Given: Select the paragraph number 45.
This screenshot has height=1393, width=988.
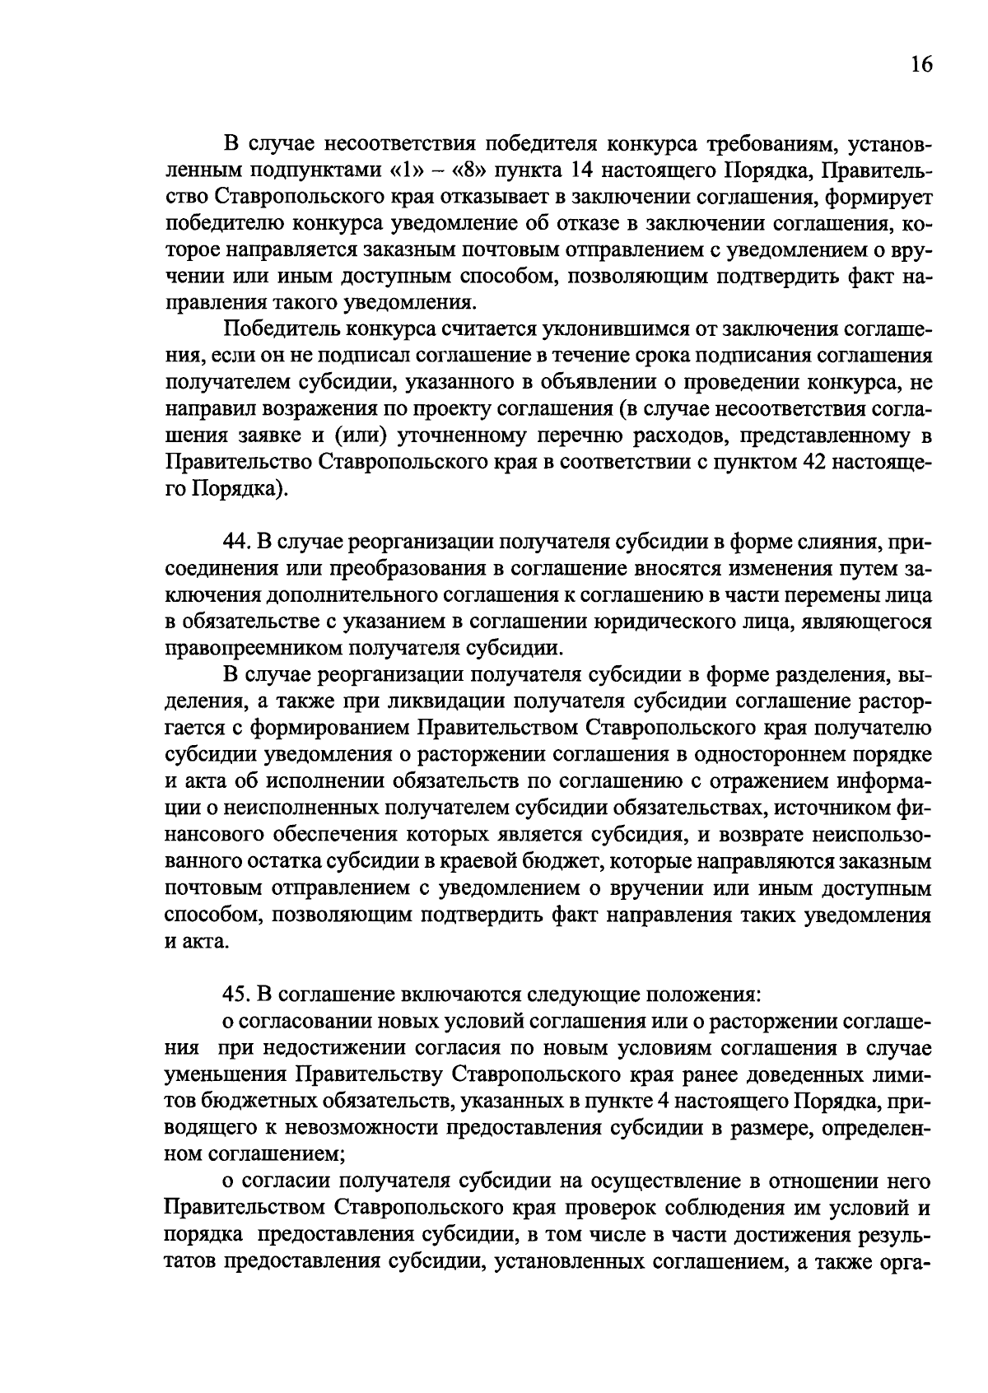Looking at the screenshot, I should [237, 995].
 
